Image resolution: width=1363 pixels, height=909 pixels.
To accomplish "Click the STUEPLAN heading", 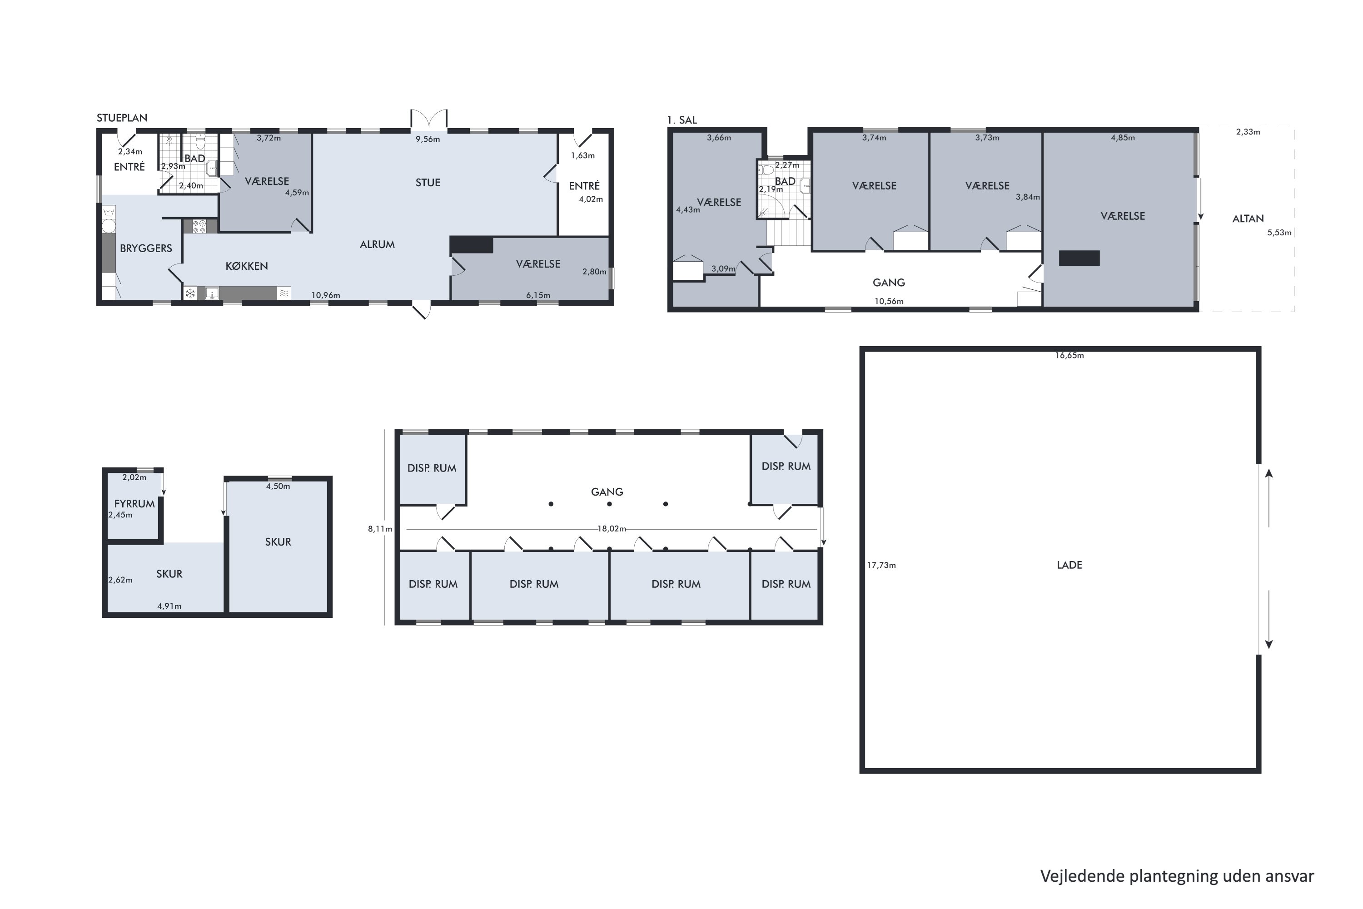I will pos(122,118).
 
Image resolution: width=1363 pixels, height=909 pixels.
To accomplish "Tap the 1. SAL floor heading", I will pos(682,120).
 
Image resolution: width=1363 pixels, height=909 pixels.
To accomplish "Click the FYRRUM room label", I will pos(134,504).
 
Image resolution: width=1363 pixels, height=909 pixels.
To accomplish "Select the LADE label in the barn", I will pos(1069,565).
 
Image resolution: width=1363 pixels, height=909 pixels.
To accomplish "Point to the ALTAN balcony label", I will pos(1248,219).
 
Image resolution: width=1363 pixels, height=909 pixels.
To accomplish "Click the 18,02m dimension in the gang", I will pos(612,529).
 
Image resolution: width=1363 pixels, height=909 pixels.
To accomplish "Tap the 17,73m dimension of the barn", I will pos(881,565).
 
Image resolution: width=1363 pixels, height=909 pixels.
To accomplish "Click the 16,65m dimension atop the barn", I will pos(1069,355).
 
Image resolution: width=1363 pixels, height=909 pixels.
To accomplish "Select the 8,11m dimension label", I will pos(380,529).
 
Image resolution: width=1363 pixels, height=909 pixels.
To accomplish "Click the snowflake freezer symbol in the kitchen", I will pos(190,293).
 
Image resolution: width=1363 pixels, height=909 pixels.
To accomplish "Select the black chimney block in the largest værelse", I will pos(1079,258).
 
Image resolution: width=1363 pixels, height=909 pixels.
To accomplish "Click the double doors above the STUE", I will pos(429,119).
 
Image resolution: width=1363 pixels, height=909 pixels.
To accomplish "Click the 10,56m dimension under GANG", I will pos(889,301).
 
